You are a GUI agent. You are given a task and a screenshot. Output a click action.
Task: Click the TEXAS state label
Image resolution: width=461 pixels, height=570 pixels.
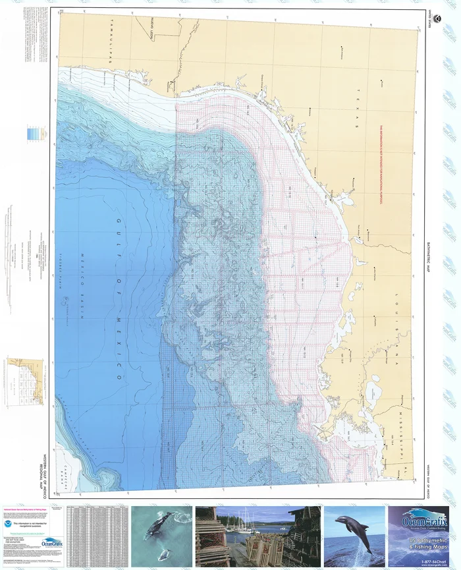coord(358,109)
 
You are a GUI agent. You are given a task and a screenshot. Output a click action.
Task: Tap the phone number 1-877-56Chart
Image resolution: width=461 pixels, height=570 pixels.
coord(421,558)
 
